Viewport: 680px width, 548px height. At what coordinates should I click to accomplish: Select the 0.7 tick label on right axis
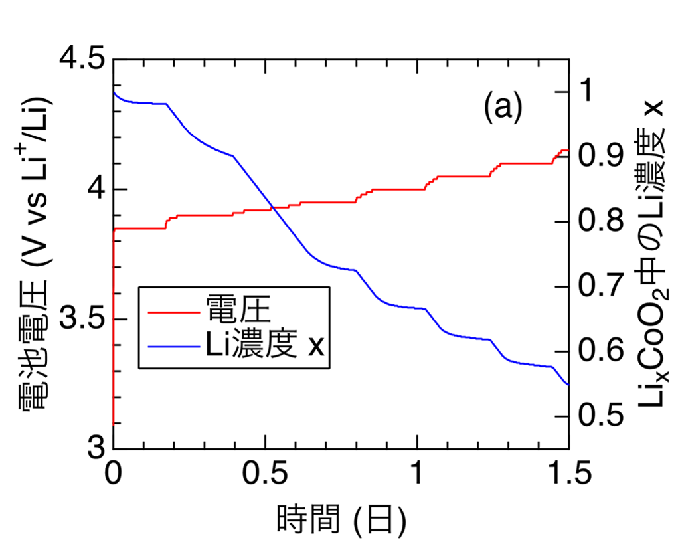click(x=602, y=287)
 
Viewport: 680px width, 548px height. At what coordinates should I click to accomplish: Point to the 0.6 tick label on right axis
click(x=602, y=352)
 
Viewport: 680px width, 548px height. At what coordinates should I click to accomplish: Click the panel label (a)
click(x=502, y=107)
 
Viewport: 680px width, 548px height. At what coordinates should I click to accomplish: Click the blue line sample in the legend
click(x=169, y=346)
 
